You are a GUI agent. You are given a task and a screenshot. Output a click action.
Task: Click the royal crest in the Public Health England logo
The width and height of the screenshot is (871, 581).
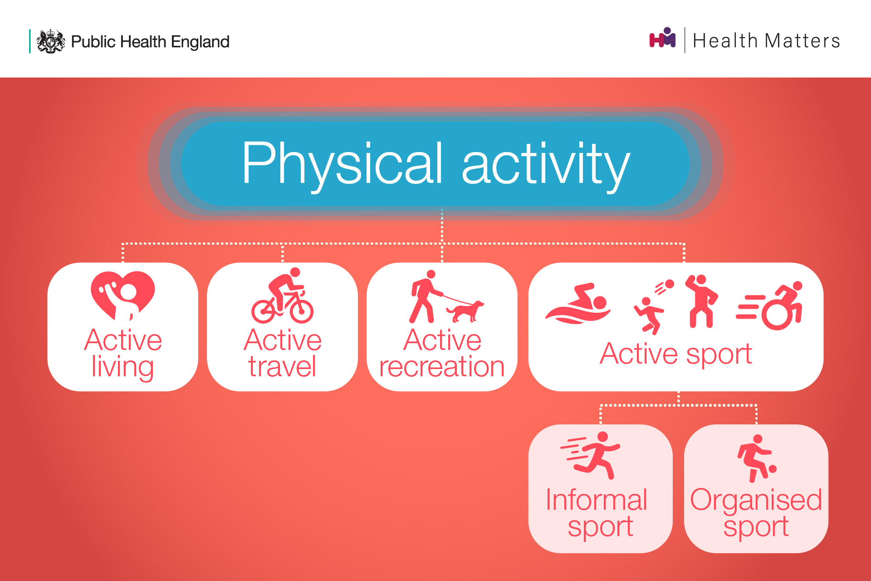51,41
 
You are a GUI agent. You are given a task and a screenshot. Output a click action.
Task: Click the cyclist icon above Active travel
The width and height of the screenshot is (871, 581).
283,295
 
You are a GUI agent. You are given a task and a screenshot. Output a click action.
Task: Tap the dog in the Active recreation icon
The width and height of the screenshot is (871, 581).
465,311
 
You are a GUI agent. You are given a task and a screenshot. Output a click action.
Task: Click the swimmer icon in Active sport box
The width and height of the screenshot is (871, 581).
577,304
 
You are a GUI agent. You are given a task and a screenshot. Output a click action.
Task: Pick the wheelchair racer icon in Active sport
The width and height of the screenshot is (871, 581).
769,305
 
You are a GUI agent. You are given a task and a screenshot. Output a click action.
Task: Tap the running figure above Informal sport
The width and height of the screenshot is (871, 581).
590,455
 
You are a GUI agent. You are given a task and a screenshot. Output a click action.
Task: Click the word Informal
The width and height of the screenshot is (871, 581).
597,500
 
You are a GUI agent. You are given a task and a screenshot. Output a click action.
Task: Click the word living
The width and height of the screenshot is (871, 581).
122,368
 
